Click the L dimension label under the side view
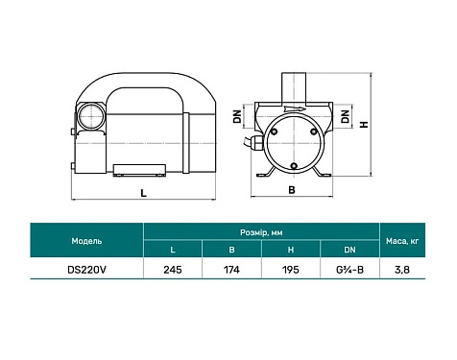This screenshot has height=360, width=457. [x=142, y=194]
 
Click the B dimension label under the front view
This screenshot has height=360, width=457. [x=290, y=189]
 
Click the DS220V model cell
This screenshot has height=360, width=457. [x=84, y=270]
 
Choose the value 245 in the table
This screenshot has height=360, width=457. [x=173, y=270]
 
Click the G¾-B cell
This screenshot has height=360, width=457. [x=347, y=270]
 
